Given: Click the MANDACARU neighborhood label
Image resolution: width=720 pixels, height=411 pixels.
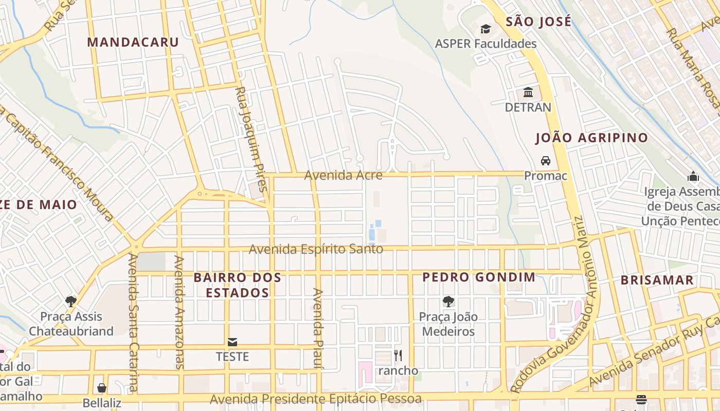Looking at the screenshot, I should coord(133,42).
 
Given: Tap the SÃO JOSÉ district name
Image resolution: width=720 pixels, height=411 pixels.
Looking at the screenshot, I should coord(538,22).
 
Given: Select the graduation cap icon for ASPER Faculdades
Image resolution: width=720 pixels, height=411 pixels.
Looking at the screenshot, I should coord(485,29).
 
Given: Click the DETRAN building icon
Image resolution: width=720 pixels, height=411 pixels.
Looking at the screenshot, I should coord(528,92).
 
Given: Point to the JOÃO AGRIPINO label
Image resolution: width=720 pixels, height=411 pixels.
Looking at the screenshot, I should coord(591,138).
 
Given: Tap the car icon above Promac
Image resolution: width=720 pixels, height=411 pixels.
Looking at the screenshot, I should coord(545,161).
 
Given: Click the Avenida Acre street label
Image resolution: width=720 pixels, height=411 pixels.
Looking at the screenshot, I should coord(343,175).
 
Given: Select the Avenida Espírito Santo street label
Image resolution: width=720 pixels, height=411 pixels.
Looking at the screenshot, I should coord(316,249).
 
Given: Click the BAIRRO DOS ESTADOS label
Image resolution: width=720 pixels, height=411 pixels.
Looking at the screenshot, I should coord(237,285).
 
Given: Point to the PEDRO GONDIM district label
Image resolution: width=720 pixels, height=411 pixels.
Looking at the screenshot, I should coord(478,277).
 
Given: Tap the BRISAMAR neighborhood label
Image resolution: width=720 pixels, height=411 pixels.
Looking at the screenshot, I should coord(657,281).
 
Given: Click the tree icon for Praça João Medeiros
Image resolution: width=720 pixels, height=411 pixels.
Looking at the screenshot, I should coord(448,302).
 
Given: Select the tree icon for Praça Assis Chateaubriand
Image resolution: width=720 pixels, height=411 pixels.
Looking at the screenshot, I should coord(71,301).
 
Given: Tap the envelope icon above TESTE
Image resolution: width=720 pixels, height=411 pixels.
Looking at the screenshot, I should coord(232,342).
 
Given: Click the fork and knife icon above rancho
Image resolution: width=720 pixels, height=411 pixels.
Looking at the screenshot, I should coord(398,355).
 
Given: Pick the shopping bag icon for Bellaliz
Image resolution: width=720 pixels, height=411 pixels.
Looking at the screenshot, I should coord(102,387).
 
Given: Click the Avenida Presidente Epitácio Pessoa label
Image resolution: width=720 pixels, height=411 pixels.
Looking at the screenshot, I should coord(315,399).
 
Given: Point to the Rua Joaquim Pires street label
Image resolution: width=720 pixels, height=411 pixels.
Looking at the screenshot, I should coord(250,139).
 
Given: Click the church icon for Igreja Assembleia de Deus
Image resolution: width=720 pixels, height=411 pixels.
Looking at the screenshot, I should coord(693,177).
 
